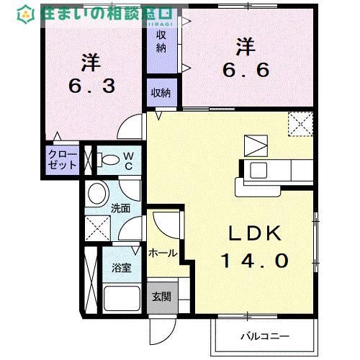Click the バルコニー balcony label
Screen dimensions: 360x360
pyautogui.click(x=264, y=336)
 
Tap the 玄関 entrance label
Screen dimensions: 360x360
pyautogui.click(x=160, y=295)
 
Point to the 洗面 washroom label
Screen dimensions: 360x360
pyautogui.click(x=120, y=209)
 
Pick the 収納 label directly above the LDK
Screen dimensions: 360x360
pyautogui.click(x=161, y=92)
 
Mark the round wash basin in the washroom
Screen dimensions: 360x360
pyautogui.click(x=97, y=193)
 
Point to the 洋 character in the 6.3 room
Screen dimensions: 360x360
pyautogui.click(x=90, y=63)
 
